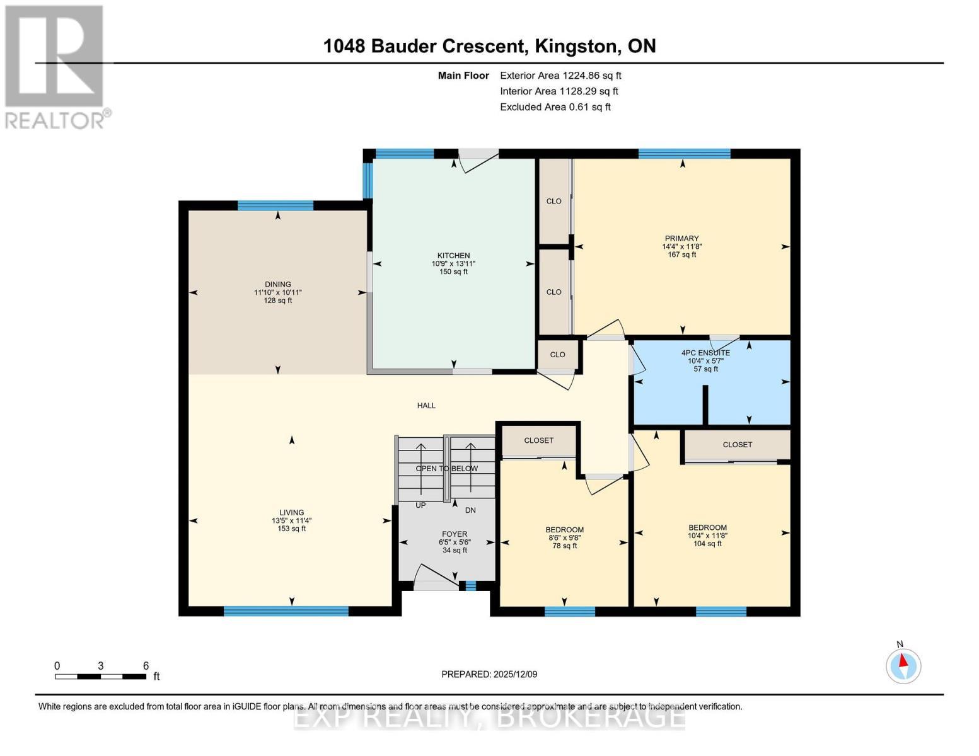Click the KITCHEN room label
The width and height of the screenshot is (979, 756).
pos(453,256)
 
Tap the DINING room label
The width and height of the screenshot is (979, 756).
pos(277,284)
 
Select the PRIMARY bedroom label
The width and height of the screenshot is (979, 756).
pos(681,239)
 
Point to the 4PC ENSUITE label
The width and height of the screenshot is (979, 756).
pos(705,353)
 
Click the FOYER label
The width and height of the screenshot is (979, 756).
pos(454,534)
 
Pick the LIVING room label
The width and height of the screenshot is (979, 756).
pos(291,513)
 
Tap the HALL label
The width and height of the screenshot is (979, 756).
pos(426,406)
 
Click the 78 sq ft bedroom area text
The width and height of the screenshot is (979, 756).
pos(565,546)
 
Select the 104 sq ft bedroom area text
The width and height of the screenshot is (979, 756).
pos(707,544)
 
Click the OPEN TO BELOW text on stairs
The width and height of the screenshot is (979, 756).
pos(446,469)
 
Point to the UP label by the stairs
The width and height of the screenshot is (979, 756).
pos(420,505)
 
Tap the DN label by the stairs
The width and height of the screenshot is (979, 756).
pos(470,510)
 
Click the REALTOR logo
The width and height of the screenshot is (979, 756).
pos(55,66)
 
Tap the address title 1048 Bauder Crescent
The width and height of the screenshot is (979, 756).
pos(489,46)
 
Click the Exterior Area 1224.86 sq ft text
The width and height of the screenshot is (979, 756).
pos(560,76)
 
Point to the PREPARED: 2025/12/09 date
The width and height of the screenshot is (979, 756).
pos(489,674)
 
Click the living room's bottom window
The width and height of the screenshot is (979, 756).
pos(286,610)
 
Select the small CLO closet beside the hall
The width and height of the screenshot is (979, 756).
pos(557,355)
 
